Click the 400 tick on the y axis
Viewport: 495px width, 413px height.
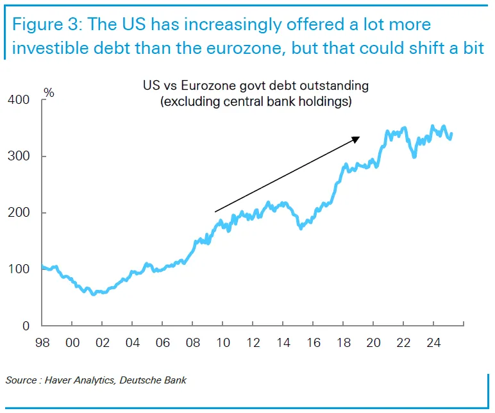19,100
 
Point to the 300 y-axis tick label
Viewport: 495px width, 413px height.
19,156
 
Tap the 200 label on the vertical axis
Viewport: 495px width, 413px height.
19,213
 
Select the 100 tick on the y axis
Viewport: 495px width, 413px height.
19,269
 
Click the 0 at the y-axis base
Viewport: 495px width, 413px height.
26,326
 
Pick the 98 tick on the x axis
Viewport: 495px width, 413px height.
42,343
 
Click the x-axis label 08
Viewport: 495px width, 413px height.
192,343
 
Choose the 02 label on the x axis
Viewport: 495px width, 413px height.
103,343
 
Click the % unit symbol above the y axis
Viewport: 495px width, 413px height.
49,93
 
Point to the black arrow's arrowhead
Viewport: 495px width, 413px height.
356,139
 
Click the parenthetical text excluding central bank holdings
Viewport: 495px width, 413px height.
255,101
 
